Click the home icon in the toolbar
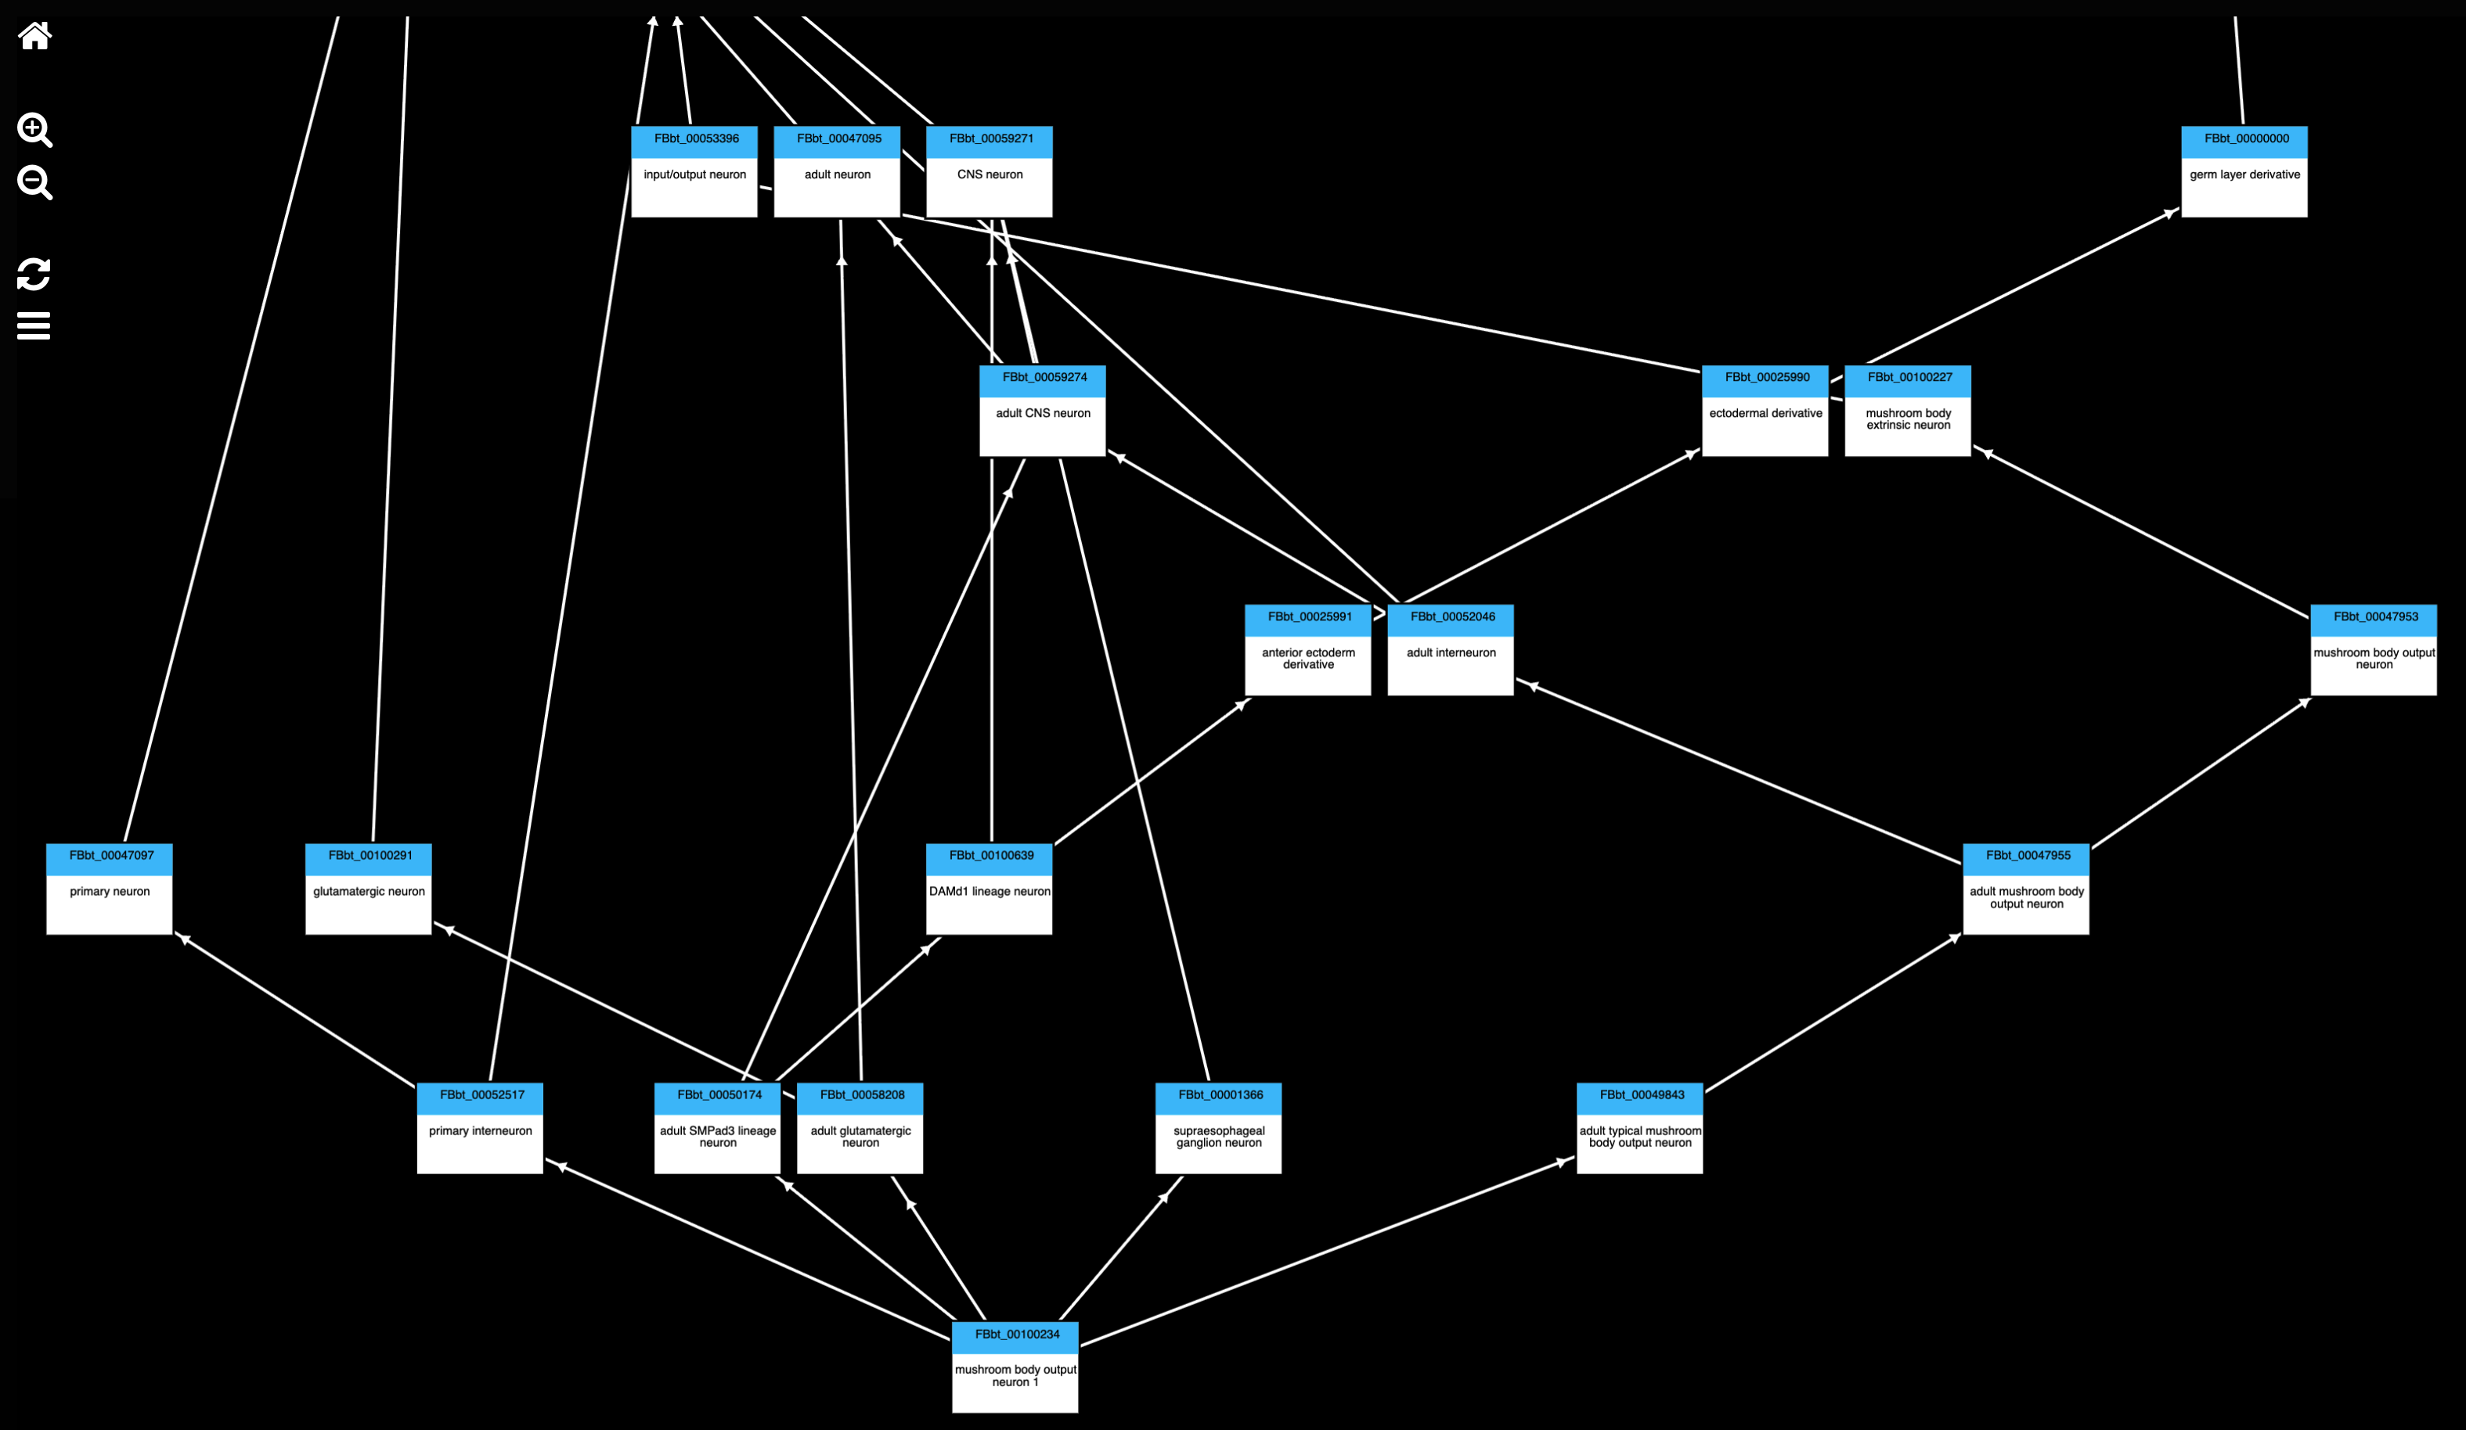pyautogui.click(x=35, y=36)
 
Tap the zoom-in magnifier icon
pyautogui.click(x=34, y=129)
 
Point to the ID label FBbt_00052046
pyautogui.click(x=1451, y=617)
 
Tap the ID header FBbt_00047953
pyautogui.click(x=2375, y=617)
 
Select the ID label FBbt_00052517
pyautogui.click(x=481, y=1095)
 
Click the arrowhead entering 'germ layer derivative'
pyautogui.click(x=2172, y=212)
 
